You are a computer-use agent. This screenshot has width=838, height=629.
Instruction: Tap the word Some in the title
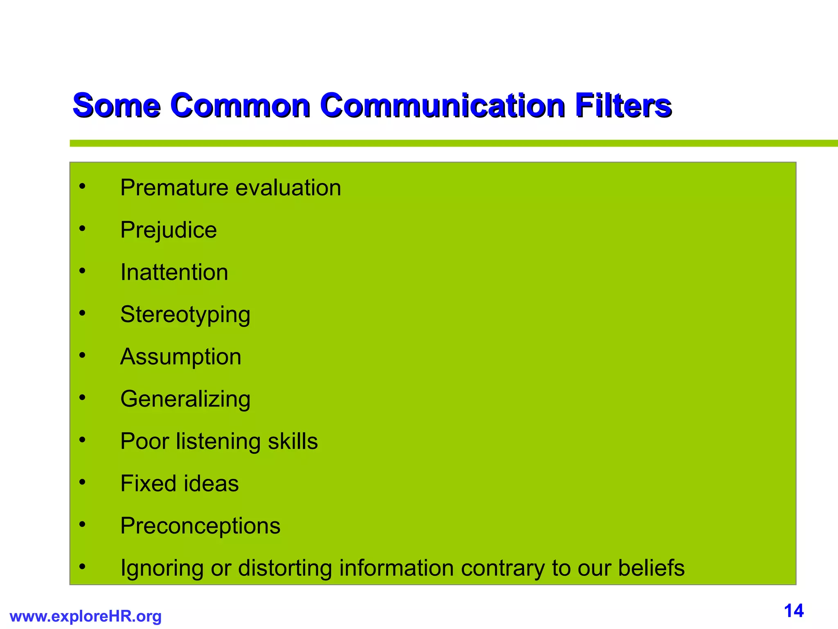[x=116, y=106]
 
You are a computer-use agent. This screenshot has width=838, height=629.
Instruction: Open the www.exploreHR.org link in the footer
[x=86, y=616]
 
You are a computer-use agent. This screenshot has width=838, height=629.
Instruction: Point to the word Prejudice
[x=168, y=230]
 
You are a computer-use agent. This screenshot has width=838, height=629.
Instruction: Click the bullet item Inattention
[x=174, y=272]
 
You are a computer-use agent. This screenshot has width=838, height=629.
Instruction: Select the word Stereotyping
[x=185, y=315]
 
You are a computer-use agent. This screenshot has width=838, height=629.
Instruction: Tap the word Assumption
[x=180, y=357]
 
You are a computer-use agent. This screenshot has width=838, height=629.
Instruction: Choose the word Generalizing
[x=185, y=399]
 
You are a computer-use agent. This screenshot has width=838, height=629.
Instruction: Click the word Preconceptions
[x=200, y=526]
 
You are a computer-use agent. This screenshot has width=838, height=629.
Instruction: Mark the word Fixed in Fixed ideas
[x=145, y=484]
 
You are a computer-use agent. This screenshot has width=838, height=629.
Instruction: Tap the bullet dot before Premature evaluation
[x=83, y=187]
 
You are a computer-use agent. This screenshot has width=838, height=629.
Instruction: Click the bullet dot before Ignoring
[x=83, y=567]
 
